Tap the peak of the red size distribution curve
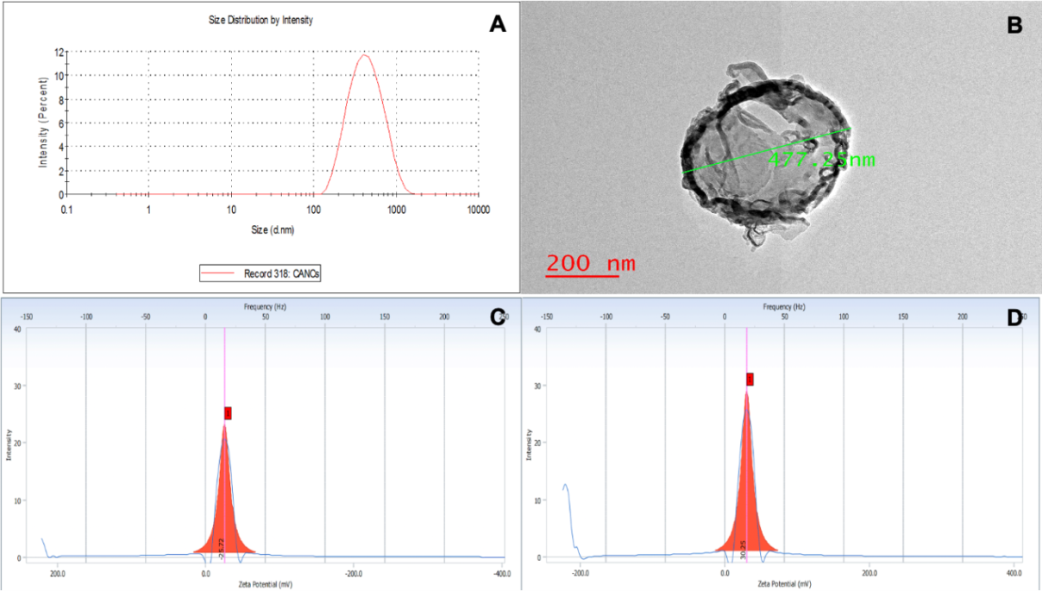(x=365, y=56)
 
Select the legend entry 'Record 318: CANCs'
(x=261, y=273)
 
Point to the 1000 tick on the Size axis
(x=397, y=210)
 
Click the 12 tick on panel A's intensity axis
(x=59, y=52)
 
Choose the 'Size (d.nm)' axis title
(x=272, y=231)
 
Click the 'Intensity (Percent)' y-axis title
(x=42, y=122)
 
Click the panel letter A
(x=497, y=23)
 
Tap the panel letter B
(x=1014, y=24)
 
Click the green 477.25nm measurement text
(x=820, y=160)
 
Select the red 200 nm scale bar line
(x=581, y=276)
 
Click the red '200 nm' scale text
(x=591, y=262)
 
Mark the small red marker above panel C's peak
(x=228, y=413)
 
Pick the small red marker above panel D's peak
(x=750, y=379)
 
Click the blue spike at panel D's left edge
(x=566, y=488)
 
